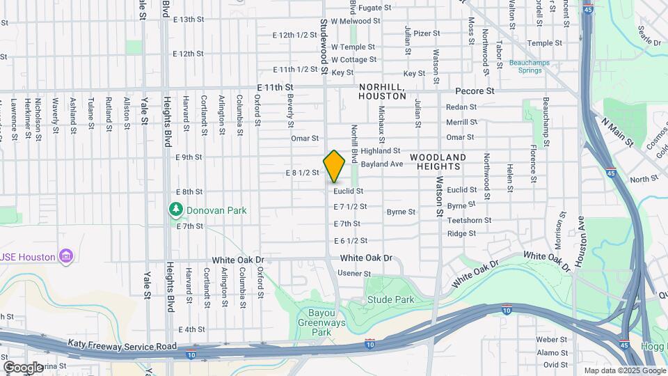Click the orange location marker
pos(335,166)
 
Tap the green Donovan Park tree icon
pos(176,209)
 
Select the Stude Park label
pos(390,300)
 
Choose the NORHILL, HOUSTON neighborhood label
pos(382,91)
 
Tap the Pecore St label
pos(475,91)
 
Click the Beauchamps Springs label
pos(534,66)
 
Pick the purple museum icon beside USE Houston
pos(66,257)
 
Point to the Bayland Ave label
pos(382,164)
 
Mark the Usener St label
pos(354,274)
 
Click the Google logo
pos(23,367)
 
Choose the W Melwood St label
pos(356,21)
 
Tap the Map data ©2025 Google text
pos(624,370)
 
